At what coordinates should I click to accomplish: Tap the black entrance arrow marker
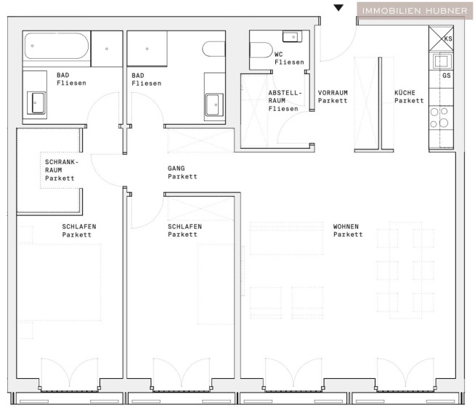(x=338, y=8)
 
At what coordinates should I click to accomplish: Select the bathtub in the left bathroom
(x=57, y=46)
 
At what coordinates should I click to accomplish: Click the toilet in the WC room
(x=261, y=50)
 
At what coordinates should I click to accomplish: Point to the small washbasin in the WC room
(x=292, y=36)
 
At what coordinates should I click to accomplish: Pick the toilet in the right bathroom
(x=214, y=49)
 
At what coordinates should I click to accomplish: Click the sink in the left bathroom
(x=36, y=103)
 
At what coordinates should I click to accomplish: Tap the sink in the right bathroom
(x=214, y=105)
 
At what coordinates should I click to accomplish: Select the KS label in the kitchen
(x=448, y=38)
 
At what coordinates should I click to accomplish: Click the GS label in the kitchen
(x=447, y=75)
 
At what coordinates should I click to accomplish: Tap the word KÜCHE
(x=405, y=93)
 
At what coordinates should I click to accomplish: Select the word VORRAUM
(x=333, y=93)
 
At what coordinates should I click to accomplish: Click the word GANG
(x=176, y=168)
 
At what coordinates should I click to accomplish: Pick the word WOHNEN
(x=346, y=226)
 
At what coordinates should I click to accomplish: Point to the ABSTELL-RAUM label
(x=285, y=97)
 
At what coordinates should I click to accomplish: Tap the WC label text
(x=279, y=54)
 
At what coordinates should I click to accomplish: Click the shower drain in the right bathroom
(x=147, y=49)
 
